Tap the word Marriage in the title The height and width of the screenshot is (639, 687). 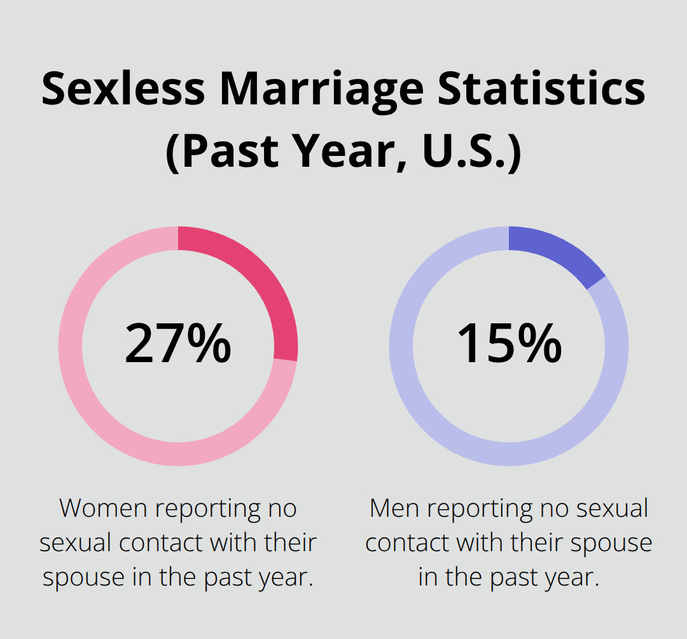pos(321,89)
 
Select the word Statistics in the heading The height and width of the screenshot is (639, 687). pos(540,89)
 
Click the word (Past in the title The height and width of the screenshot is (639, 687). pos(219,153)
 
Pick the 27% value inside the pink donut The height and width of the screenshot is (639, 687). pos(177,344)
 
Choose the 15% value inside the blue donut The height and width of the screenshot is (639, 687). pos(509,344)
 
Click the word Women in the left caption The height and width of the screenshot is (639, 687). pos(104,509)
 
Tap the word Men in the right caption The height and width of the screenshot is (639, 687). pos(394,509)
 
